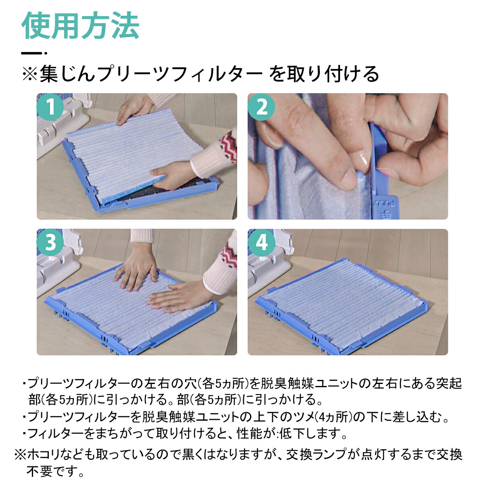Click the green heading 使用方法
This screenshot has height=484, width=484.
coord(80,26)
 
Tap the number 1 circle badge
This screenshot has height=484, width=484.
coord(50,107)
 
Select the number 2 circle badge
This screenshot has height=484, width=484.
coord(261,107)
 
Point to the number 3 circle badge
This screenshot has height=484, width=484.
coord(50,242)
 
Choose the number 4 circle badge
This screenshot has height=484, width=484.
coord(261,242)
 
